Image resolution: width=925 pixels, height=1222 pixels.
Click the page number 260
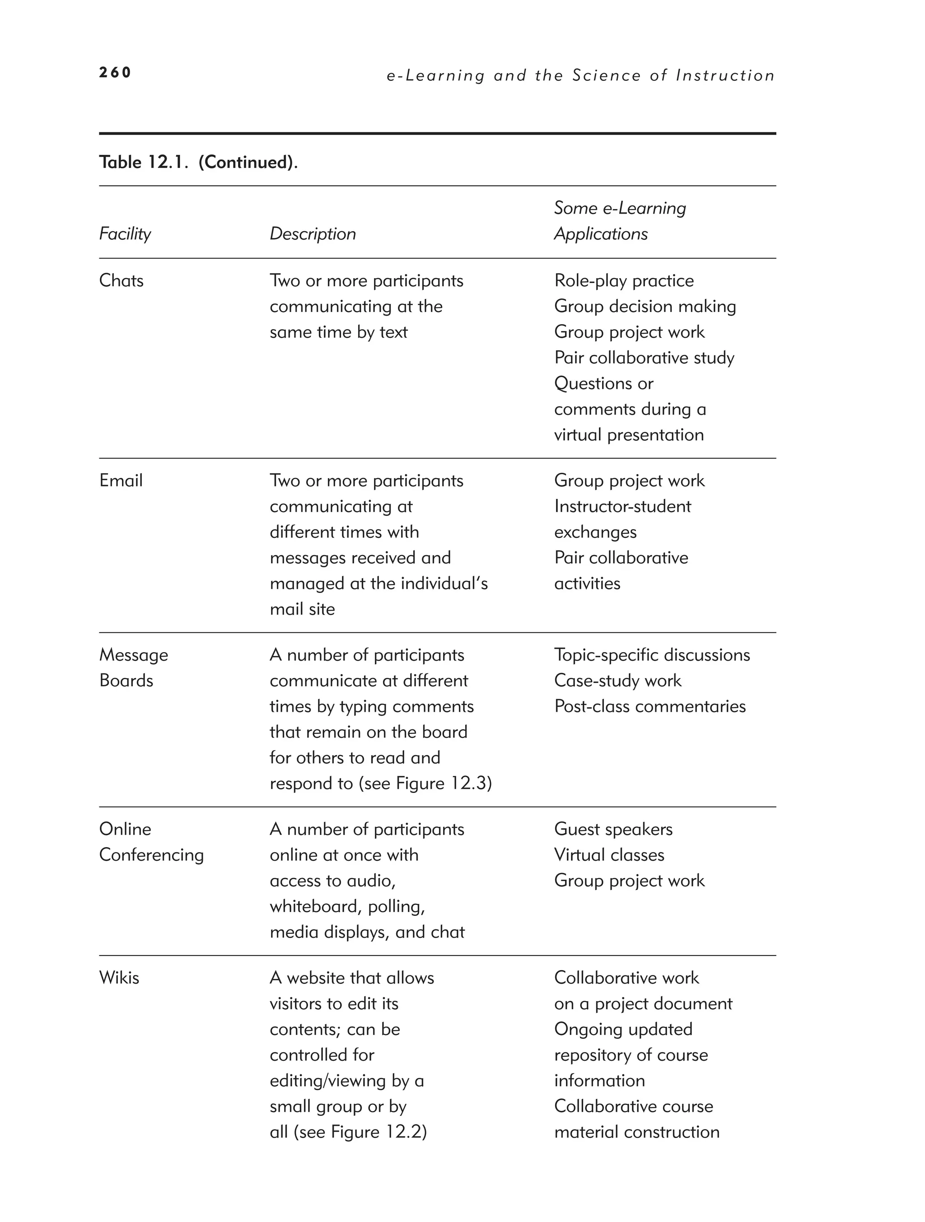point(115,72)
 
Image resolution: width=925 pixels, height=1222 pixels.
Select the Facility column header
point(125,233)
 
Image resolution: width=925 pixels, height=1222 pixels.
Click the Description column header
point(312,233)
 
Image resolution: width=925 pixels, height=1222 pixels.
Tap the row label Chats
point(121,280)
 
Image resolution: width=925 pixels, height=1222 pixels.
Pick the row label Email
point(121,480)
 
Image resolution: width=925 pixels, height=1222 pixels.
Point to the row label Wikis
point(119,978)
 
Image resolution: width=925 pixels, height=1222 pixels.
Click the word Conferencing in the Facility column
point(151,855)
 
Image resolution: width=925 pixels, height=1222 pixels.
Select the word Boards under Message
point(126,681)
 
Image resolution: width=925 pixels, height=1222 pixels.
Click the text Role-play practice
point(623,280)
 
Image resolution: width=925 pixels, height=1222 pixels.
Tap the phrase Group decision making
point(645,307)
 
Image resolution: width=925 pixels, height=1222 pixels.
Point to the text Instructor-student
point(622,507)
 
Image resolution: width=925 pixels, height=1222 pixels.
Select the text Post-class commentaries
point(649,707)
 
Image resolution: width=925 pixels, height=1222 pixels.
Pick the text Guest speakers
point(613,829)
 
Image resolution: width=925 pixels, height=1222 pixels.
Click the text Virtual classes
point(608,855)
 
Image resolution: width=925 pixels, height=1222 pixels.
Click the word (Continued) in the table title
point(246,163)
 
